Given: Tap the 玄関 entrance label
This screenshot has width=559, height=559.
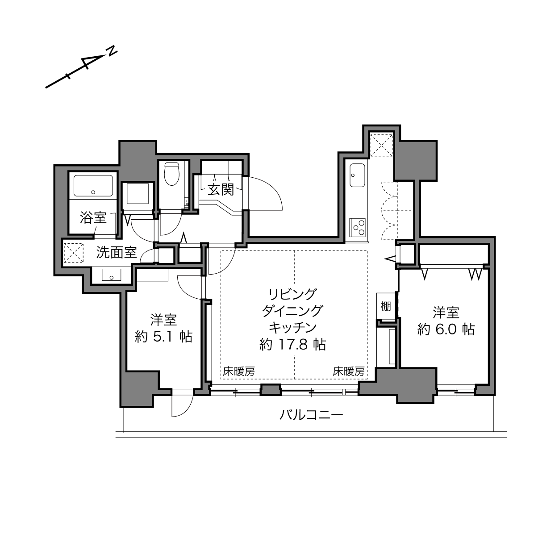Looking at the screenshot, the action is [221, 190].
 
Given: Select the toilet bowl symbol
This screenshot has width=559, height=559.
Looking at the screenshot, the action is [171, 174].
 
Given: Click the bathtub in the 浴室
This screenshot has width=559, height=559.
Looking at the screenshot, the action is [93, 186].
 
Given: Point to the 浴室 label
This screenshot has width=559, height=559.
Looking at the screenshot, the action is [93, 217].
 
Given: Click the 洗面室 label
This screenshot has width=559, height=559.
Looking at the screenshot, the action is [117, 252].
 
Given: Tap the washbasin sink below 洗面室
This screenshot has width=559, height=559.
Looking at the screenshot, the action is [111, 275].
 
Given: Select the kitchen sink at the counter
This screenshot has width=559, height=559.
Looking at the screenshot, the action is [357, 175].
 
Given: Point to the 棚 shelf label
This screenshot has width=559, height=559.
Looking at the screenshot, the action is [385, 306].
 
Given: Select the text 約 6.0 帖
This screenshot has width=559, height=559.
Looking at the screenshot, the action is [446, 330].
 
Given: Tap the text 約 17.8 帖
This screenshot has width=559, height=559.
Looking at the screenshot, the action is [292, 345].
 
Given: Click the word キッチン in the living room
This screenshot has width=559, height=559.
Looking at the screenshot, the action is [292, 328].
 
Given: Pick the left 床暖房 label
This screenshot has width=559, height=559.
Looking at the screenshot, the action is [239, 371].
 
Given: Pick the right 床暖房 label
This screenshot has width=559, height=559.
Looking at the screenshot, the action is [348, 371].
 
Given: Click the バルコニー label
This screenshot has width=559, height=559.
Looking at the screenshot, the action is [311, 415].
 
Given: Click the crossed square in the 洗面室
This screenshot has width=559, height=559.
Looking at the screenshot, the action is [73, 253].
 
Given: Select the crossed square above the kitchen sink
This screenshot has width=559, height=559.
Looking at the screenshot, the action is [382, 145].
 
